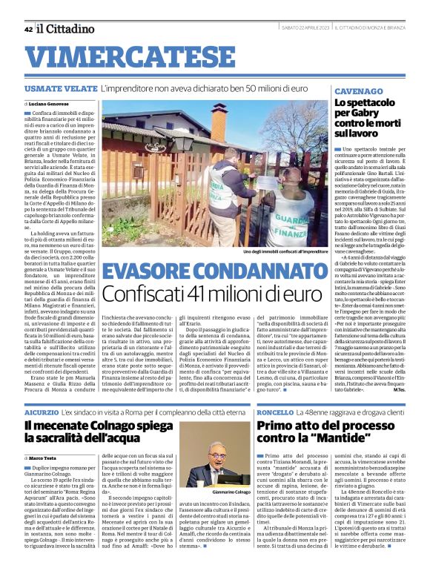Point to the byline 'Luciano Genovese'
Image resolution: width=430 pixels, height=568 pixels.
[50, 103]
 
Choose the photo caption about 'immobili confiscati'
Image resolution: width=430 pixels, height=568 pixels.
[284, 252]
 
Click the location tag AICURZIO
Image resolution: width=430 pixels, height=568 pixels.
[41, 411]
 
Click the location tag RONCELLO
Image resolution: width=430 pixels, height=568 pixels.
[274, 411]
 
